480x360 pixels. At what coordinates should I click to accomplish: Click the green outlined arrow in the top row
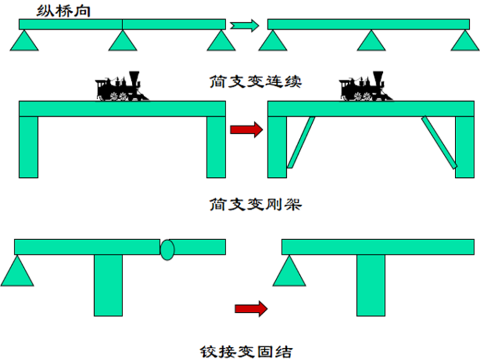pos(244,25)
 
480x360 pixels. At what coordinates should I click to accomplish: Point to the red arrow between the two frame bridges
pos(246,131)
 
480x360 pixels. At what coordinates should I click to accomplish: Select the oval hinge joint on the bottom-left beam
pos(167,249)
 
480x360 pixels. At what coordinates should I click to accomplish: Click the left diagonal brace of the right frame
pos(300,143)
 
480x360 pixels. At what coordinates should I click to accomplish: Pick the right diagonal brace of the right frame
pos(440,143)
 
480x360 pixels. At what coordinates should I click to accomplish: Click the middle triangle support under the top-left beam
pos(123,42)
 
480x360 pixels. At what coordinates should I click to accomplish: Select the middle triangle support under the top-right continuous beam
pos(371,42)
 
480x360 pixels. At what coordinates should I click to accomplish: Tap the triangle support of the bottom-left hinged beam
pos(17,272)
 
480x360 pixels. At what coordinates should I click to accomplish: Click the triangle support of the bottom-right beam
pos(287,272)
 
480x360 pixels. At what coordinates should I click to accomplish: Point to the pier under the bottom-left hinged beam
pos(108,284)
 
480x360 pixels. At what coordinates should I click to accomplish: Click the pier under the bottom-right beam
pos(370,284)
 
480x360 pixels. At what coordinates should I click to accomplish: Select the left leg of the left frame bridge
pos(28,147)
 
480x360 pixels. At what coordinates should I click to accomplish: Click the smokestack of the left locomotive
pos(133,77)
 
